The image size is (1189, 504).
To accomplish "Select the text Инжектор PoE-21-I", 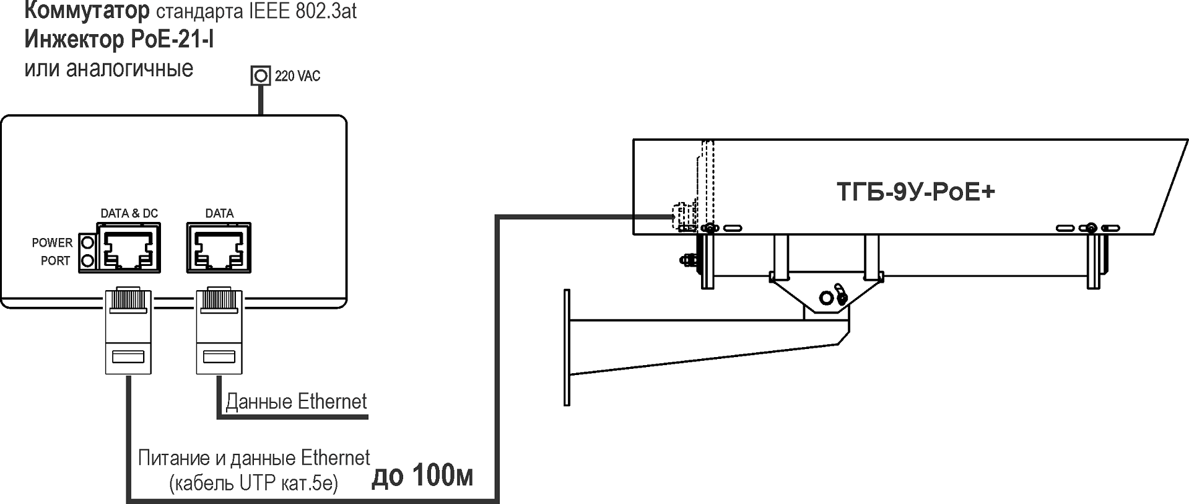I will tap(119, 40).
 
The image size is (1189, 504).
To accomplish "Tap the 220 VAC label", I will tap(297, 76).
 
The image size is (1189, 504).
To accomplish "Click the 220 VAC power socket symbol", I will tap(261, 76).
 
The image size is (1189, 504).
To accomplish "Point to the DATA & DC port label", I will tap(129, 213).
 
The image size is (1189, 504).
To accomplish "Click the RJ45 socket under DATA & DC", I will tap(128, 247).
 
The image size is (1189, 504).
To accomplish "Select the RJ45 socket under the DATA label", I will tap(219, 247).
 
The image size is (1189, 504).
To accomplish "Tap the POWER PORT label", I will tap(53, 252).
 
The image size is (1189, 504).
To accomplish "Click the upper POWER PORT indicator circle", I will tap(87, 242).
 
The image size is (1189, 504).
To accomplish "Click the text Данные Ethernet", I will tap(296, 402).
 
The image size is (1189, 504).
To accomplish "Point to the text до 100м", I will tap(422, 476).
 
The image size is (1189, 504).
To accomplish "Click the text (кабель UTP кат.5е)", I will tap(253, 483).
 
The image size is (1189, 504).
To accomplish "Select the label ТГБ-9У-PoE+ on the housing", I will tap(915, 192).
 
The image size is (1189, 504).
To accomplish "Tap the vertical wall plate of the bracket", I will tap(567, 347).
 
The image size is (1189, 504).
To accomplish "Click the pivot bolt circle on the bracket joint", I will tap(825, 298).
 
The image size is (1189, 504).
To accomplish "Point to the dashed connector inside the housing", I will tap(682, 217).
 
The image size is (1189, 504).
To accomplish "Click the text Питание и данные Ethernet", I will tap(253, 458).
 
